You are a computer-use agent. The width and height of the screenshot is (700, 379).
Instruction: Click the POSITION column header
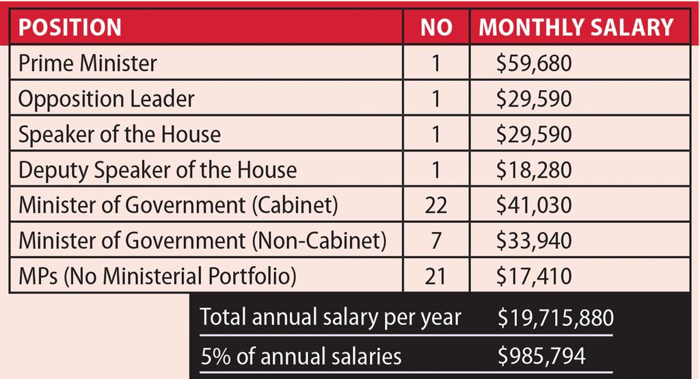(x=70, y=27)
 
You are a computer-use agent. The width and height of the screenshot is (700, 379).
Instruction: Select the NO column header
(x=436, y=27)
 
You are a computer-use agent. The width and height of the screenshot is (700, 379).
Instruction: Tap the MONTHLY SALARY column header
(x=576, y=27)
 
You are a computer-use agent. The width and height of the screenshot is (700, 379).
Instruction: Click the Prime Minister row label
(x=87, y=64)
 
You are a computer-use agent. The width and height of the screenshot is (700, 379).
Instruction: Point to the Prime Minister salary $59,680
(x=534, y=64)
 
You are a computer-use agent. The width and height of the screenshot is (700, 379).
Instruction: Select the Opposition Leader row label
(x=106, y=99)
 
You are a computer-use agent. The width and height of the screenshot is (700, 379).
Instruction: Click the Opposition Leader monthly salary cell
(x=534, y=99)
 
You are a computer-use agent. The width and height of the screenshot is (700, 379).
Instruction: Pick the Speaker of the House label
(x=120, y=135)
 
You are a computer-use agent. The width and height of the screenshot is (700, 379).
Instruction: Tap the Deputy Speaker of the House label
(x=157, y=170)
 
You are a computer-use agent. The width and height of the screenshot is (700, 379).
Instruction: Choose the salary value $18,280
(x=534, y=170)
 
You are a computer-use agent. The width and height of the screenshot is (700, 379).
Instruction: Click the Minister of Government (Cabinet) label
(x=178, y=206)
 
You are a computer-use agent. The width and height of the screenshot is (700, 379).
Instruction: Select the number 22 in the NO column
(x=436, y=206)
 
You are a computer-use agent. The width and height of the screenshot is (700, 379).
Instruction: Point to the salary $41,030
(x=534, y=206)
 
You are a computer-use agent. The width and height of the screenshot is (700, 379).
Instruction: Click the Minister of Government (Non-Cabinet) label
(x=202, y=241)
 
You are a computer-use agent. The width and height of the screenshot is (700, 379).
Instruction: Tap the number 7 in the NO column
(x=436, y=241)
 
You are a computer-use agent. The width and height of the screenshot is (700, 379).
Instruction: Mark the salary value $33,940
(x=534, y=241)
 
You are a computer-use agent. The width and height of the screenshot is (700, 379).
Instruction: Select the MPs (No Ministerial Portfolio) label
(x=157, y=277)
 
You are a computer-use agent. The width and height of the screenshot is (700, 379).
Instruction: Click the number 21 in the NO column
(x=436, y=277)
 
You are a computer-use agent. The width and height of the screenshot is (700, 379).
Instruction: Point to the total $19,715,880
(x=555, y=317)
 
